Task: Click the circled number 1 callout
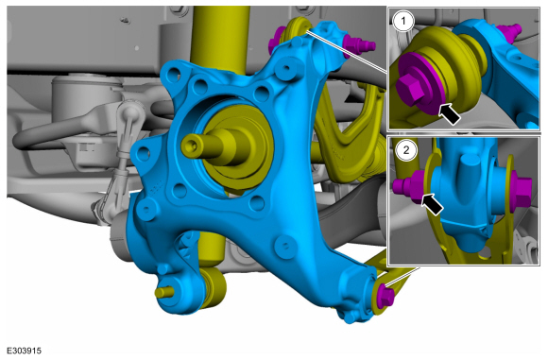tap(403, 22)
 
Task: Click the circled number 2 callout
tap(406, 150)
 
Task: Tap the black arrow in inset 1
tap(449, 113)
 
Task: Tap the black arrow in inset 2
tap(433, 204)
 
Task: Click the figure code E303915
tap(25, 351)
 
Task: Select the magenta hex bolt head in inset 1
tap(410, 90)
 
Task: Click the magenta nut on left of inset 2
tap(410, 186)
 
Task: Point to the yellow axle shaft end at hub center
tap(202, 146)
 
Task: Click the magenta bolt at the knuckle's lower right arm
tap(386, 297)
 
